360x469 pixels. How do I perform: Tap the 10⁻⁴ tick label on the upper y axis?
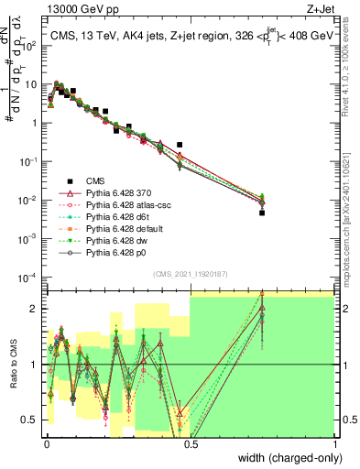coord(30,277)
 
